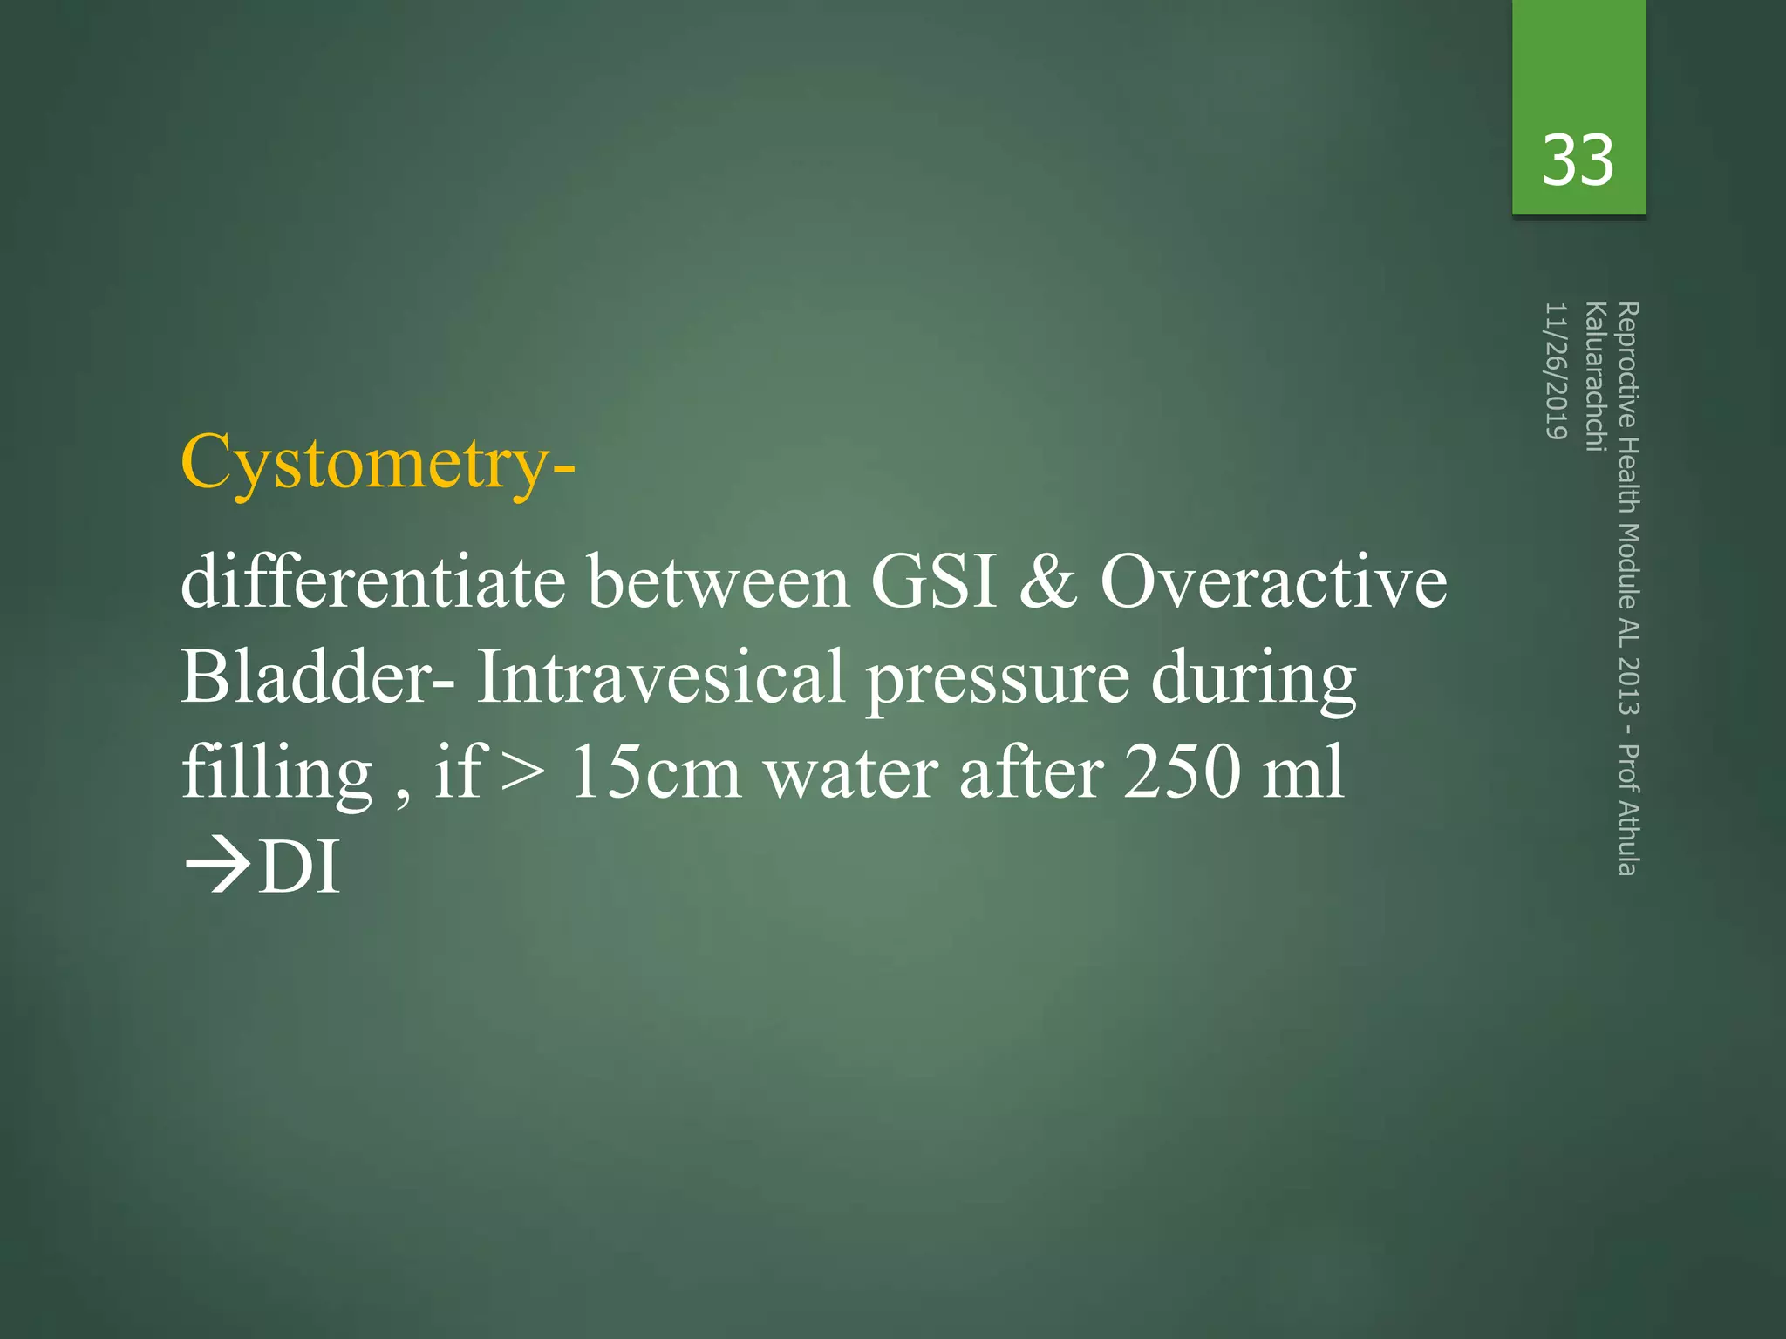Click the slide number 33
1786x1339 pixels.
(1578, 160)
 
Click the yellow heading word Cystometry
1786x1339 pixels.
(365, 463)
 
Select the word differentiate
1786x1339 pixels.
(373, 581)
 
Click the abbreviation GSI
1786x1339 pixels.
(933, 581)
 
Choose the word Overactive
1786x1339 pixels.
(1273, 581)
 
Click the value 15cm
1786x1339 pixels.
(655, 772)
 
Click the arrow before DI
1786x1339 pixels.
(217, 867)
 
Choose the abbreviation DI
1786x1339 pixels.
(299, 867)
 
